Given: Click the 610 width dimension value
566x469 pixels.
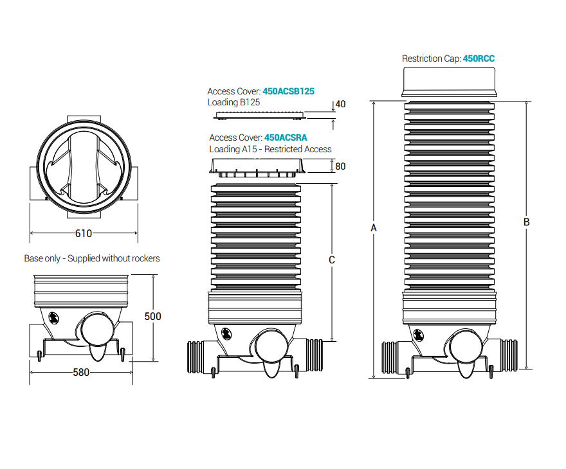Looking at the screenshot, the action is pyautogui.click(x=84, y=233).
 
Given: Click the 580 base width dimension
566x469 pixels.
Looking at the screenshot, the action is pyautogui.click(x=81, y=372).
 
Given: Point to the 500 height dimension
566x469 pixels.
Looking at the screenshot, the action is pyautogui.click(x=152, y=316).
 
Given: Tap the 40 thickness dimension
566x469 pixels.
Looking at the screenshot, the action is pyautogui.click(x=340, y=104).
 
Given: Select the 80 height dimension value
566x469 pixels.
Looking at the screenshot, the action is pyautogui.click(x=340, y=166).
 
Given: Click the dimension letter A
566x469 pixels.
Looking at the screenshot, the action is pyautogui.click(x=374, y=228).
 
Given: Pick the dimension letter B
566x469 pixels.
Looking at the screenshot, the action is pyautogui.click(x=526, y=222).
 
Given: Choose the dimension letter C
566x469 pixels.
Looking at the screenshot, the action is pyautogui.click(x=332, y=260).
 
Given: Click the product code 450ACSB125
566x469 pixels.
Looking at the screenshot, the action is pyautogui.click(x=288, y=91).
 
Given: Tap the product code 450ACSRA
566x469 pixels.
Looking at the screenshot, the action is pyautogui.click(x=286, y=137).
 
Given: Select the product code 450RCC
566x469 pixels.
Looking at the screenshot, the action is pyautogui.click(x=479, y=58).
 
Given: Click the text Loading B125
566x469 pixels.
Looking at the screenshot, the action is pyautogui.click(x=233, y=102).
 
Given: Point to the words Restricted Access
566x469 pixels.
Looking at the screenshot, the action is pyautogui.click(x=298, y=149).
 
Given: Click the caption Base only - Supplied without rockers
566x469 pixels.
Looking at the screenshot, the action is pyautogui.click(x=92, y=258).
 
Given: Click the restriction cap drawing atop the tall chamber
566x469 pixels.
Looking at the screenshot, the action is pyautogui.click(x=449, y=82).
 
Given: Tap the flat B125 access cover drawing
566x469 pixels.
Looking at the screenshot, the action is pyautogui.click(x=260, y=116).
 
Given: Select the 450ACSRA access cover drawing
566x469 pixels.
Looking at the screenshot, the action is pyautogui.click(x=257, y=168).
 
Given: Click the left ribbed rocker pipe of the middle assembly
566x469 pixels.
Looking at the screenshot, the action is pyautogui.click(x=196, y=357).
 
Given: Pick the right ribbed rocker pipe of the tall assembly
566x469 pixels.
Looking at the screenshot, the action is pyautogui.click(x=509, y=355).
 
